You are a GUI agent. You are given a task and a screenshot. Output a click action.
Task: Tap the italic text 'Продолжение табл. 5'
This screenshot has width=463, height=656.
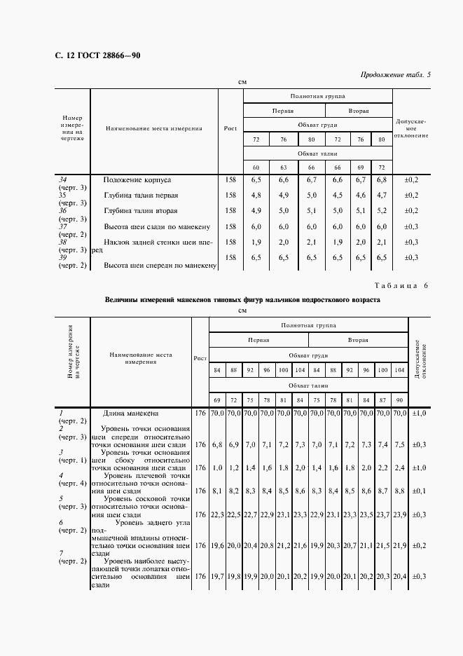(395, 74)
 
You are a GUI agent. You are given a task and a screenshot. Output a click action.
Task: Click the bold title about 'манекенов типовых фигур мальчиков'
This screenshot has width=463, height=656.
(242, 299)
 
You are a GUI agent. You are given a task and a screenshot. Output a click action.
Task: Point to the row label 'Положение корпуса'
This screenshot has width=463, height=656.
(137, 180)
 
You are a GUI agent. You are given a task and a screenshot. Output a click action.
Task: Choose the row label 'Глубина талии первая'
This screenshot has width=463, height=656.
(141, 195)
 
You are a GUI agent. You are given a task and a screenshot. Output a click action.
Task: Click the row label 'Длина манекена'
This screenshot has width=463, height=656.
(131, 414)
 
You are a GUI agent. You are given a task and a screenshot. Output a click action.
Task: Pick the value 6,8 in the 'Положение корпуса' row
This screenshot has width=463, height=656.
(381, 180)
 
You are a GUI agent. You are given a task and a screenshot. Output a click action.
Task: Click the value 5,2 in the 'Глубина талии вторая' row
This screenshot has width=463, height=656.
(381, 211)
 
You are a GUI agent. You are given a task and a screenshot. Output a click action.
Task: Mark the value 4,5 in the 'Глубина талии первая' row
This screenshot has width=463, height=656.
(338, 196)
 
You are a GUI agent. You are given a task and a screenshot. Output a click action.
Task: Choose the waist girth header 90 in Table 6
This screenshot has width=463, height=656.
(399, 399)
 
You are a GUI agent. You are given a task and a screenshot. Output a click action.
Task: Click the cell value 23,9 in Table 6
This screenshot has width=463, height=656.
(399, 515)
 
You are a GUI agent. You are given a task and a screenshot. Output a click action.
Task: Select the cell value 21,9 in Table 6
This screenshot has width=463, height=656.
(399, 545)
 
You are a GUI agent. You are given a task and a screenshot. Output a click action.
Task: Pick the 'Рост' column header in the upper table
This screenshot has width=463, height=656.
(230, 128)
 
